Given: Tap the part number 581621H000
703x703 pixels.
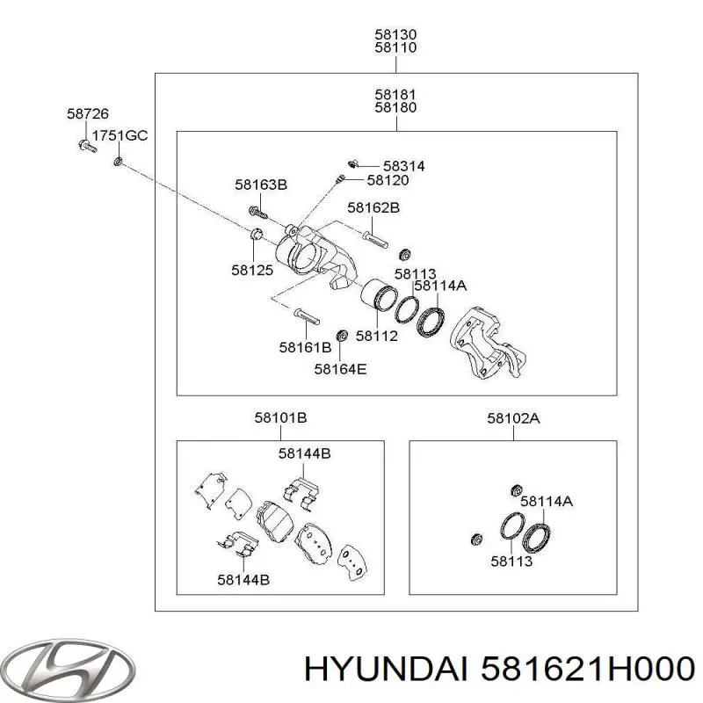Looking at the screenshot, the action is click(587, 670).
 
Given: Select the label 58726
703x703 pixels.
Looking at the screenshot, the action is click(88, 114).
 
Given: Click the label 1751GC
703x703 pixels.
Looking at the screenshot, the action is click(120, 135).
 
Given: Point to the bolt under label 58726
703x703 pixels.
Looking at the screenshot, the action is click(87, 146).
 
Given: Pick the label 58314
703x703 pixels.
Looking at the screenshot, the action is click(404, 166).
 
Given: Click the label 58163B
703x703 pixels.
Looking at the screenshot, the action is click(261, 185).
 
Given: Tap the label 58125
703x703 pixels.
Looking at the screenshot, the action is click(252, 270).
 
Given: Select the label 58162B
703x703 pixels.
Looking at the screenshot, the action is click(373, 207).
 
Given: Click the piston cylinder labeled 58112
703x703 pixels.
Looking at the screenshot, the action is click(378, 294).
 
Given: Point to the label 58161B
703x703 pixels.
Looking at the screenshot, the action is click(305, 347).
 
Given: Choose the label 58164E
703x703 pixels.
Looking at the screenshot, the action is click(340, 369).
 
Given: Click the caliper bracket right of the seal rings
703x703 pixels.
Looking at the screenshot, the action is click(488, 342).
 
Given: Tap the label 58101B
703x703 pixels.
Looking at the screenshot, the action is click(280, 418).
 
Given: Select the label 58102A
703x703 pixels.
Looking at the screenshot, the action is click(513, 419).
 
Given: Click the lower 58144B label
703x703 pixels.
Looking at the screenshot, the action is click(243, 580).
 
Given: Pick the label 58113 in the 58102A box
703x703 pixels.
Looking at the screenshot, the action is click(511, 562).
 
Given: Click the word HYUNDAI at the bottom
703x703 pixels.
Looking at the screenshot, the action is click(386, 670).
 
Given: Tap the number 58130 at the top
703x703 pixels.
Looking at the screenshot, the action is click(396, 34).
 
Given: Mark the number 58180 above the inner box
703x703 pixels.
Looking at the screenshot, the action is click(396, 107).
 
